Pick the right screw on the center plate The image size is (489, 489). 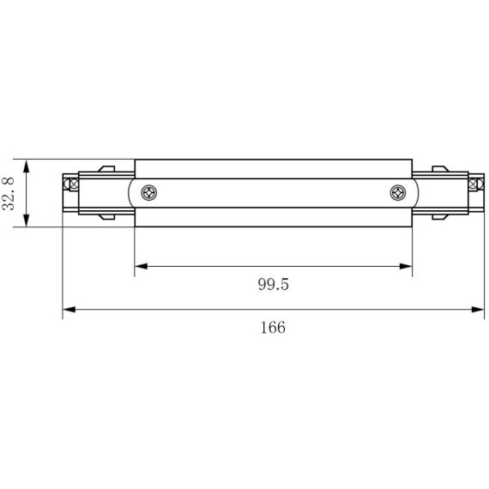397,193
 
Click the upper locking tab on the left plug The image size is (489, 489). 106,169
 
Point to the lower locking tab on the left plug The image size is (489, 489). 106,217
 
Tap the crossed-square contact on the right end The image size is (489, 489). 475,183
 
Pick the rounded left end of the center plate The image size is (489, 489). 131,193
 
